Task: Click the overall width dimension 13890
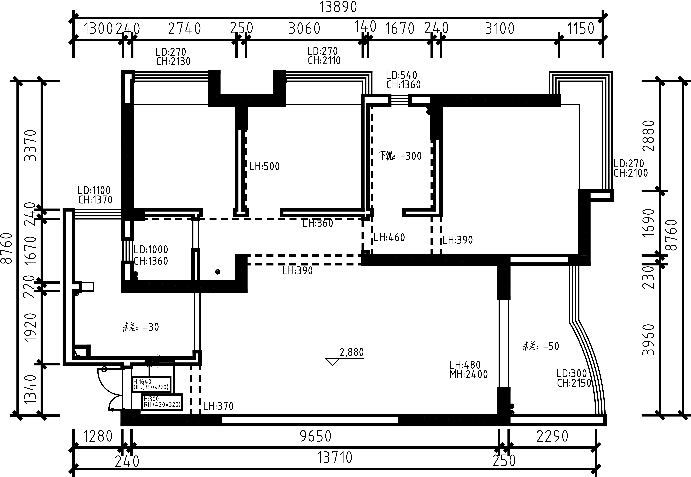point(338,7)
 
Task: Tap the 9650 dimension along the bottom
point(316,436)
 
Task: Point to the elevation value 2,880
point(352,352)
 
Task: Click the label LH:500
point(264,166)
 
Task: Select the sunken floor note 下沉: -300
point(400,156)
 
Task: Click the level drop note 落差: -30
point(141,327)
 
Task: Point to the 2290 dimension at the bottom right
point(552,436)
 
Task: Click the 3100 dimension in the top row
point(500,29)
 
